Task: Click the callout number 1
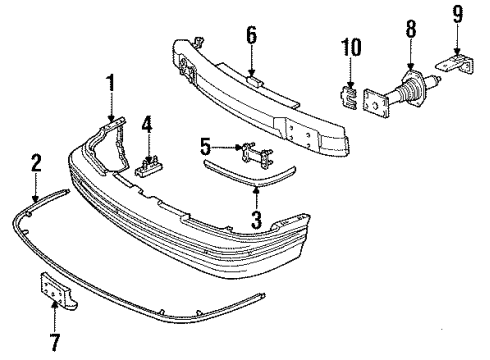(112, 81)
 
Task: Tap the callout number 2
(36, 163)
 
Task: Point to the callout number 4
(147, 127)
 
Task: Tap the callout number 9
(457, 15)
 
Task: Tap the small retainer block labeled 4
(150, 166)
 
